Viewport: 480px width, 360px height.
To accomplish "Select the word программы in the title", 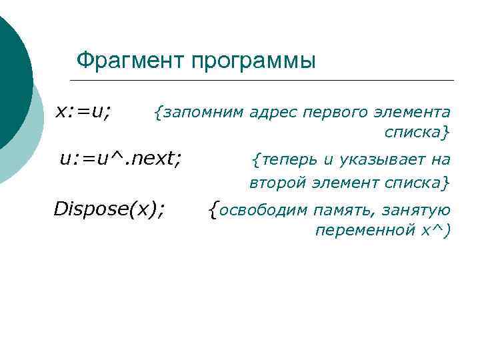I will (x=253, y=61).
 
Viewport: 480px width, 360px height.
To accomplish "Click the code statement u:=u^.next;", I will (x=120, y=159).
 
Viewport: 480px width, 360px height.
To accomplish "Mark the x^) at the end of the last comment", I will (x=437, y=230).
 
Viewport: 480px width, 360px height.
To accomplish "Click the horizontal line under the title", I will (x=267, y=81).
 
